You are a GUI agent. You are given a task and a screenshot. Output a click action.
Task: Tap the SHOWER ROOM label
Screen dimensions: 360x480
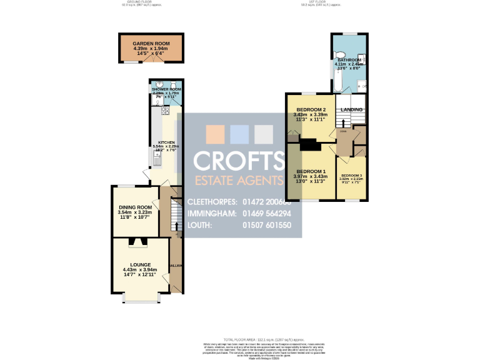click(166, 89)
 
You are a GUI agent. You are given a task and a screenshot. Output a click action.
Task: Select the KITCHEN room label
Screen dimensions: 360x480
click(166, 142)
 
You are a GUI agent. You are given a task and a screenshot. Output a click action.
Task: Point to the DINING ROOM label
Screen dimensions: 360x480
click(135, 207)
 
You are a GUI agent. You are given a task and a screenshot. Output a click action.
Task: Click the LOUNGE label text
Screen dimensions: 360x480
click(141, 264)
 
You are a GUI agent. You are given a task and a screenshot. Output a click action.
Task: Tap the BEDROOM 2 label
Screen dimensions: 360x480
click(310, 110)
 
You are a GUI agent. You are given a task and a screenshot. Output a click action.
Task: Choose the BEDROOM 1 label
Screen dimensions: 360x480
click(311, 171)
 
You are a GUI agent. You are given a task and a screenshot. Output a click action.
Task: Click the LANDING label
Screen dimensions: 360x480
click(351, 110)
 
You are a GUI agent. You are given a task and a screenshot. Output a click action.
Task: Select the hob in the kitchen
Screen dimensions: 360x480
click(166, 111)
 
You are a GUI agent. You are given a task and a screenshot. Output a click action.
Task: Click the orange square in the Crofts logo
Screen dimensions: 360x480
click(215, 134)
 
